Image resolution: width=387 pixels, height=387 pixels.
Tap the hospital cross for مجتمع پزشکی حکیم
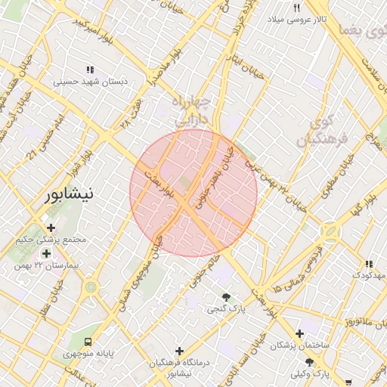tap(51, 228)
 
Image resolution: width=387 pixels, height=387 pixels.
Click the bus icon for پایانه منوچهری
tap(89, 342)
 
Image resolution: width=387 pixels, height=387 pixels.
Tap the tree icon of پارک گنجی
tap(224, 296)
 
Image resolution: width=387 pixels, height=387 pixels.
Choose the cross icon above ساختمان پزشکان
tap(300, 333)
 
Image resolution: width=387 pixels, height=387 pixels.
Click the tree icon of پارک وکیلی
tap(308, 362)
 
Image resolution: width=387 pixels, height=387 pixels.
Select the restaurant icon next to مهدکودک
tap(369, 264)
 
